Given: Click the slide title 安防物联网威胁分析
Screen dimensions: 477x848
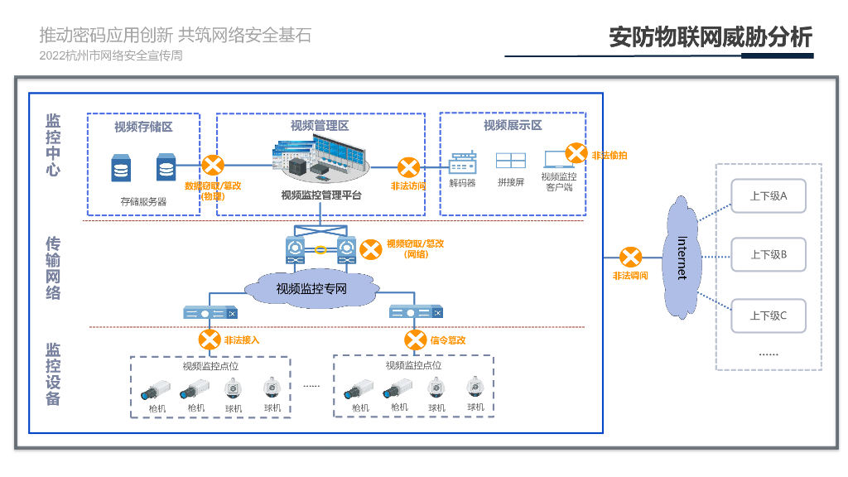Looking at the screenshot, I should [711, 37].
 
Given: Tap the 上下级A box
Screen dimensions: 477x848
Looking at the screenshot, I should [768, 196].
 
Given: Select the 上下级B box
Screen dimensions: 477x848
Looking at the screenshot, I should [768, 254].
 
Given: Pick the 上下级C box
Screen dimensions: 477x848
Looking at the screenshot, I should [768, 316].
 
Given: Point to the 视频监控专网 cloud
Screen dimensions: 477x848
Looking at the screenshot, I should [311, 289].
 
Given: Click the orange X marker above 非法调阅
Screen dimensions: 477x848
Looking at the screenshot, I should [631, 257].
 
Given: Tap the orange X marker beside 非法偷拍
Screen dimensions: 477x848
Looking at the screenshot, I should [576, 153].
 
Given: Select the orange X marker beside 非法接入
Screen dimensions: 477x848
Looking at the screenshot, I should [209, 340].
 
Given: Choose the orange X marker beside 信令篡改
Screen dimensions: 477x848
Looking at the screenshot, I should [415, 340].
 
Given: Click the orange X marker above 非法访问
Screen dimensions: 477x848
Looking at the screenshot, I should [408, 167].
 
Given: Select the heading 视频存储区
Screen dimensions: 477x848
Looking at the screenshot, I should [143, 127].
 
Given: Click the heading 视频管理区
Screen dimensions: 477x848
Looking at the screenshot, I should [320, 126].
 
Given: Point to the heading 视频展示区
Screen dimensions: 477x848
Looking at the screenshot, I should [513, 125].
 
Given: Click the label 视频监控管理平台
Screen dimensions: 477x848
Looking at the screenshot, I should [321, 195].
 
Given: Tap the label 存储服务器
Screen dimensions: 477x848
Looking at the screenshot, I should [143, 201].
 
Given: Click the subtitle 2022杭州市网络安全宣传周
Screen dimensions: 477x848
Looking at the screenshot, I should [110, 55].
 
